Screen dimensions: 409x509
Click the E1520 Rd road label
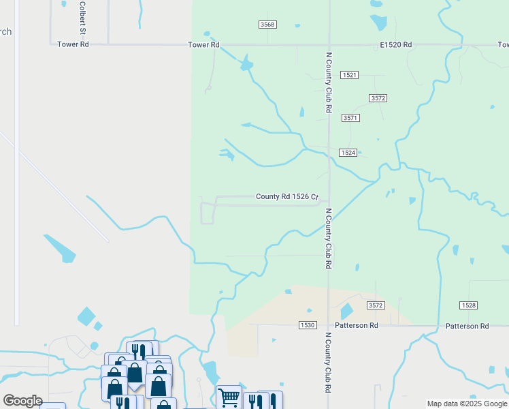click(396, 44)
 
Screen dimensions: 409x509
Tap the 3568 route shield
click(267, 25)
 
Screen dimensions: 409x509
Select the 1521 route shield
click(350, 74)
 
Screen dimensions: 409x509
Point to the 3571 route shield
click(350, 118)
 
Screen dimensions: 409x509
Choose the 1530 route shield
click(306, 326)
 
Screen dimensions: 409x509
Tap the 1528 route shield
click(467, 305)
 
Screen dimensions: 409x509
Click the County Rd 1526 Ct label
click(287, 197)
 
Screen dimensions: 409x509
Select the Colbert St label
click(82, 18)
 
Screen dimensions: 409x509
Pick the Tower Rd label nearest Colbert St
click(73, 44)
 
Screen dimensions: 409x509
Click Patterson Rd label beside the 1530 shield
click(355, 326)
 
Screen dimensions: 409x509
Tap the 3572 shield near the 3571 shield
click(378, 98)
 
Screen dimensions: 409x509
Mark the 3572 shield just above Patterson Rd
click(376, 305)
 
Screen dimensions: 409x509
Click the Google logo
click(22, 400)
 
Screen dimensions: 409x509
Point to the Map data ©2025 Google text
click(467, 404)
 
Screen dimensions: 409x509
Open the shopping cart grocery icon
click(229, 397)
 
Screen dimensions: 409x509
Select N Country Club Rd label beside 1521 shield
click(328, 82)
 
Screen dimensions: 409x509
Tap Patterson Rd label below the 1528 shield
click(467, 326)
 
